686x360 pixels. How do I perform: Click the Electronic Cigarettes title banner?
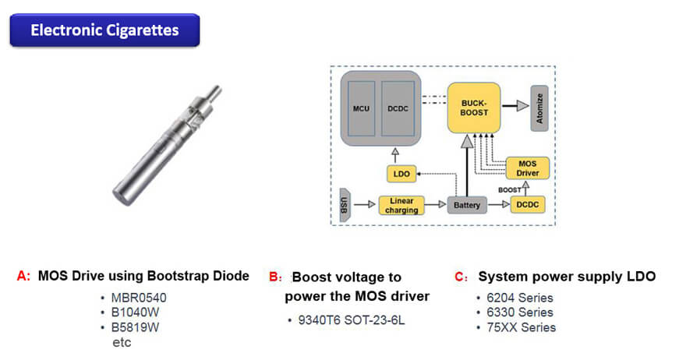(104, 31)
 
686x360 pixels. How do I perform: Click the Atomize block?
(539, 108)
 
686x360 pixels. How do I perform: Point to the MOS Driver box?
(528, 167)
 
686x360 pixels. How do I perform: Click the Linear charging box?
(402, 205)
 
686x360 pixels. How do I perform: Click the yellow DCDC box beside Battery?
(528, 205)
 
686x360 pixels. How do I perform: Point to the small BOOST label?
(510, 189)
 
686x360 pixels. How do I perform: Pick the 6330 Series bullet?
(518, 312)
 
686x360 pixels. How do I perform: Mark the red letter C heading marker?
(460, 277)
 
